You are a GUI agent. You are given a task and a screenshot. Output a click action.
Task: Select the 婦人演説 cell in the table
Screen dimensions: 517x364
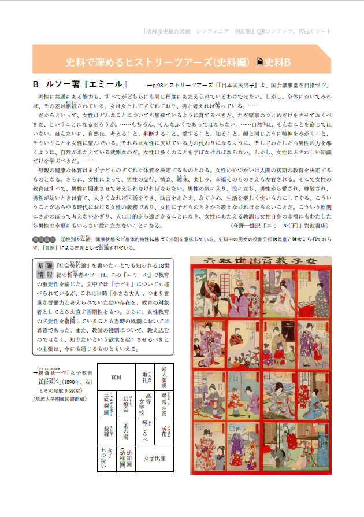(x=164, y=376)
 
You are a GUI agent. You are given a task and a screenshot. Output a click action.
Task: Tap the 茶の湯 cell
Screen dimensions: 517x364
(x=125, y=431)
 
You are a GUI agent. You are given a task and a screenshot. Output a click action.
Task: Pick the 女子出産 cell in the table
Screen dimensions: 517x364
(x=155, y=458)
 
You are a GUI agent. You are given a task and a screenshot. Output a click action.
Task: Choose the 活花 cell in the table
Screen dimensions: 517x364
(x=164, y=431)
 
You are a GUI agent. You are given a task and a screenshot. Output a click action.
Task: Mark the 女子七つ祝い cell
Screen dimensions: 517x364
(x=107, y=459)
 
